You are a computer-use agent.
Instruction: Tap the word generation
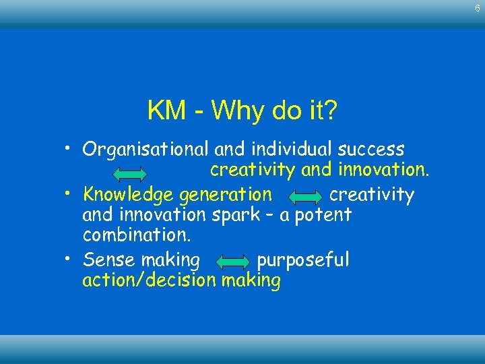[x=225, y=195]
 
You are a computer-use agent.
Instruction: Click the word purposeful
[x=303, y=260]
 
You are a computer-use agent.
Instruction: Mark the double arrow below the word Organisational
[x=129, y=174]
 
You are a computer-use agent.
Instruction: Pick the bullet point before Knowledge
[x=69, y=193]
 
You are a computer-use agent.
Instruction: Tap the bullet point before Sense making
[x=69, y=258]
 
